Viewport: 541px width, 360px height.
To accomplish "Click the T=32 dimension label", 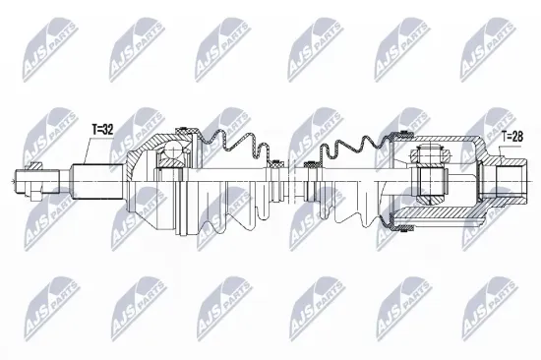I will coord(103,129).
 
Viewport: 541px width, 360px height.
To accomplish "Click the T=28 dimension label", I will coord(511,137).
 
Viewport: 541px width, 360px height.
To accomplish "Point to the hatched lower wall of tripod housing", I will coord(433,218).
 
